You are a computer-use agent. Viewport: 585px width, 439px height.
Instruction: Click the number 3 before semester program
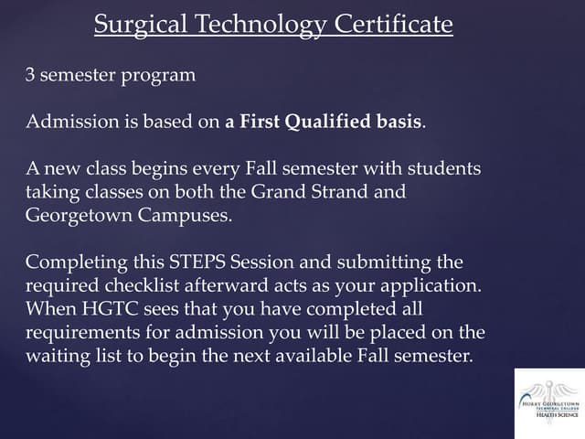tap(30, 75)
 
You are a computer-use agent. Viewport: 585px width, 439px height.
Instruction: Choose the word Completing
tap(71, 263)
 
